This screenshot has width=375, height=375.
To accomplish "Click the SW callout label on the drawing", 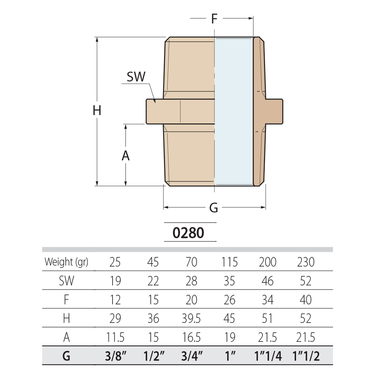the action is (x=136, y=77).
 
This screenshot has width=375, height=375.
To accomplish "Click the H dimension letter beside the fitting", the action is (x=97, y=111).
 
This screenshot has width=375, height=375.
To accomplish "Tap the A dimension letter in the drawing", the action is (x=126, y=156).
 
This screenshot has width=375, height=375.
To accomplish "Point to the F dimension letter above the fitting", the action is (x=214, y=18).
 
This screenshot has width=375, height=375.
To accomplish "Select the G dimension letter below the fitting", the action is (x=214, y=208).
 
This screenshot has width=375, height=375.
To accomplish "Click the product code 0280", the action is (x=188, y=233).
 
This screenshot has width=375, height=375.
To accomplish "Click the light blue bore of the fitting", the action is (x=234, y=111).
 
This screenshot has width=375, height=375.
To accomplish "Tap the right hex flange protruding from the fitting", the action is (x=274, y=111).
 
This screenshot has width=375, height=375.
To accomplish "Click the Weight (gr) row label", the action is (x=66, y=262).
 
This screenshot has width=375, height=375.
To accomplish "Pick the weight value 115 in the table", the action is (x=229, y=262).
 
